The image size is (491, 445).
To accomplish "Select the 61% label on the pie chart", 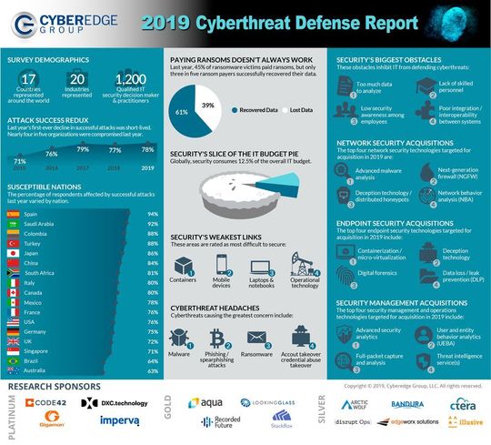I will pos(182,112).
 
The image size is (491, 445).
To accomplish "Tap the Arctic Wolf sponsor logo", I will pos(357,402).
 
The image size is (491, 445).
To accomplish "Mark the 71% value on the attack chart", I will pos(19,158).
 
